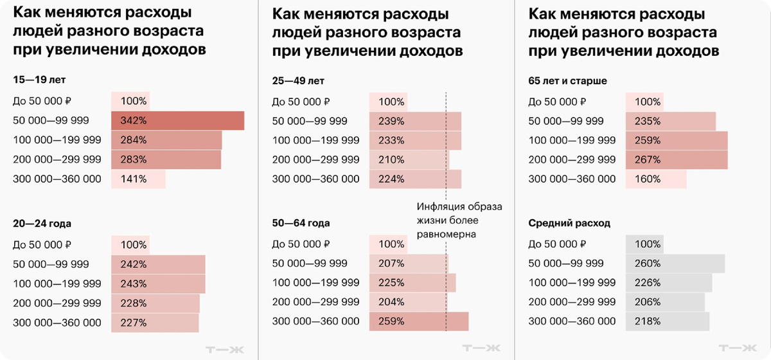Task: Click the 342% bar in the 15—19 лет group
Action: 178,121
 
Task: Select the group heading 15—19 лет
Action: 39,80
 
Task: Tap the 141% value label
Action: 134,179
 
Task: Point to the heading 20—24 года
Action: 42,224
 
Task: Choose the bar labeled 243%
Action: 158,283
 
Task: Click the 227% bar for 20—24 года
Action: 155,323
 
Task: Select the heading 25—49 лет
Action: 299,81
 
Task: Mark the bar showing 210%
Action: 409,160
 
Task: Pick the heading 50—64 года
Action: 301,224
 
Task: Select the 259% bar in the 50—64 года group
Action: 419,321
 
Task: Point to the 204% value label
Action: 391,302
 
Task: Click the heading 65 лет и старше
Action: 567,81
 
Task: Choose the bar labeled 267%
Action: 676,160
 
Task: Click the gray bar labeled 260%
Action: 675,264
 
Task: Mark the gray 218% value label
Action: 648,321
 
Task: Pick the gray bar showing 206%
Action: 665,302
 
